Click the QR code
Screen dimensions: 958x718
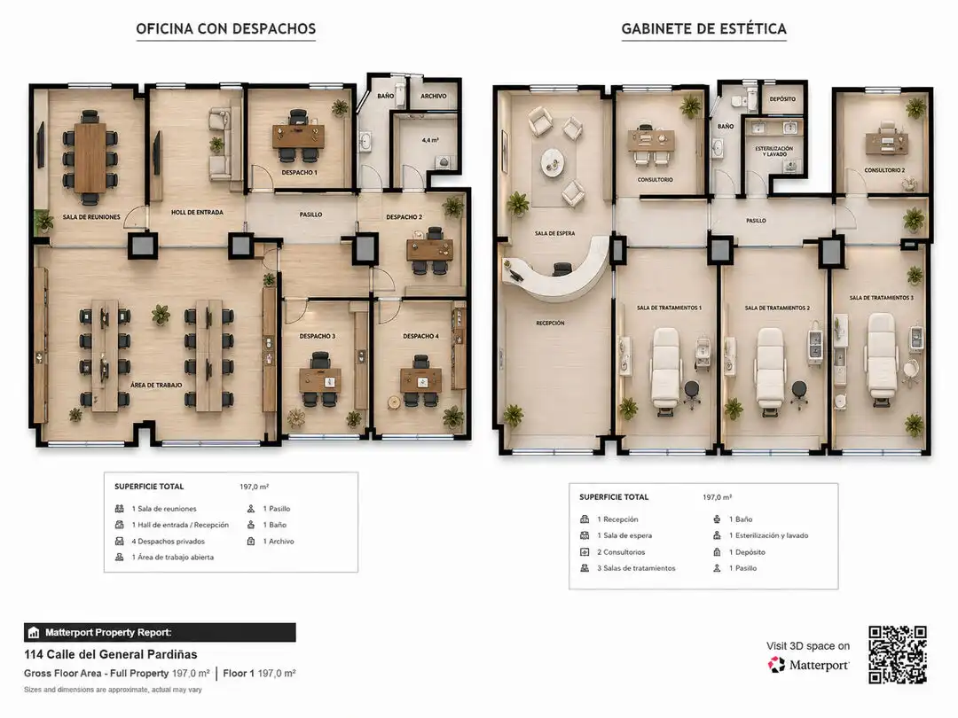(x=898, y=654)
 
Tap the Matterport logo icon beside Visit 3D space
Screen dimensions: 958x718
(x=776, y=665)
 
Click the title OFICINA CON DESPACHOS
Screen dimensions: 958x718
(x=225, y=28)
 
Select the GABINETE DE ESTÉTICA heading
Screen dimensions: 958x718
(x=703, y=28)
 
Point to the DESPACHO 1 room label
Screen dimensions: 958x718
(x=299, y=173)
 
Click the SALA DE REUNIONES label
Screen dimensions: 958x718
(x=91, y=217)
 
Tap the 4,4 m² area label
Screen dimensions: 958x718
(x=430, y=140)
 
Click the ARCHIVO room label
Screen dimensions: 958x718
(x=433, y=97)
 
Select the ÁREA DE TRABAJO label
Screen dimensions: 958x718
(x=156, y=386)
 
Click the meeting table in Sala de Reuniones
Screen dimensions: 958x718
(x=90, y=158)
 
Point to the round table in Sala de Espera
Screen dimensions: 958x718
(x=553, y=162)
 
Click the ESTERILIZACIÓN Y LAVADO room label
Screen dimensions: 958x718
(x=774, y=152)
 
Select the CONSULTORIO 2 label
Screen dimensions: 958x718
(x=884, y=170)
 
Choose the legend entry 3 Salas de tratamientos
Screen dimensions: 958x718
(x=636, y=568)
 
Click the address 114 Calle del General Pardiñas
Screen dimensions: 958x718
(x=111, y=654)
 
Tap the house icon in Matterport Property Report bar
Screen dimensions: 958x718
(x=34, y=633)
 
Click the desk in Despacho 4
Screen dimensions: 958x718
(x=421, y=380)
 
